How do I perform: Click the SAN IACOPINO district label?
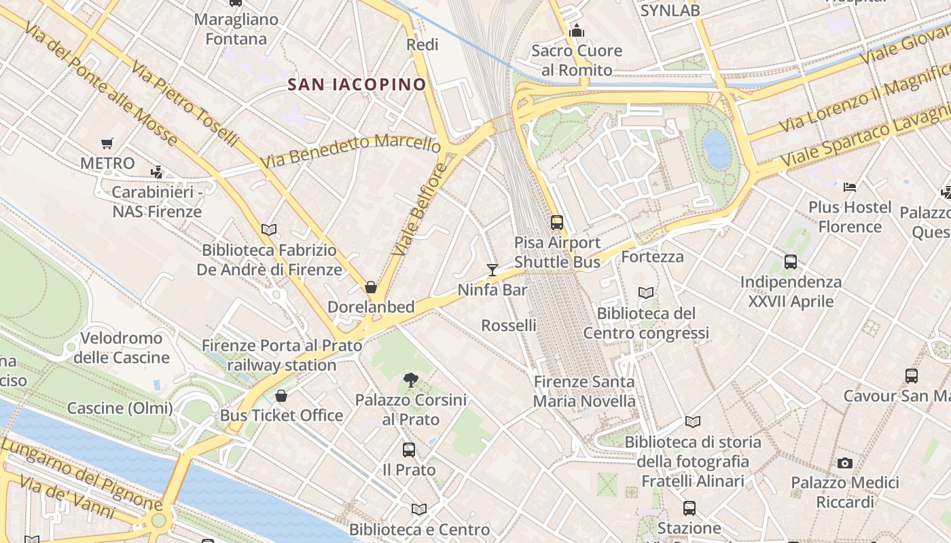[x=357, y=85]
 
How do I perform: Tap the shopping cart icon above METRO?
[x=107, y=143]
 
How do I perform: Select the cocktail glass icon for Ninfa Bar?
[x=492, y=270]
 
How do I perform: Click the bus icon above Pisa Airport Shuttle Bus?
[x=557, y=222]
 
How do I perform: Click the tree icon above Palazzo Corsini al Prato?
[x=410, y=380]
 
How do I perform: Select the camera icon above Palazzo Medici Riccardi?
[x=845, y=463]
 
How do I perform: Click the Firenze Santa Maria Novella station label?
[x=584, y=392]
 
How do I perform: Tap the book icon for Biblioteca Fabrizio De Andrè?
[x=269, y=230]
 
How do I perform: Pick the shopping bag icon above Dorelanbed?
[x=371, y=287]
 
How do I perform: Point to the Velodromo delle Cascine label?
[x=122, y=348]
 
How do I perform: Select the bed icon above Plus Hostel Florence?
[x=850, y=187]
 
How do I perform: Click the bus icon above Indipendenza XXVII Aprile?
[x=791, y=261]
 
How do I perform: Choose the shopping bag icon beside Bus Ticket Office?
[x=281, y=396]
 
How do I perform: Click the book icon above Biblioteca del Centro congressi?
[x=646, y=293]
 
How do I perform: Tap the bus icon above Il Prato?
[x=409, y=449]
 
